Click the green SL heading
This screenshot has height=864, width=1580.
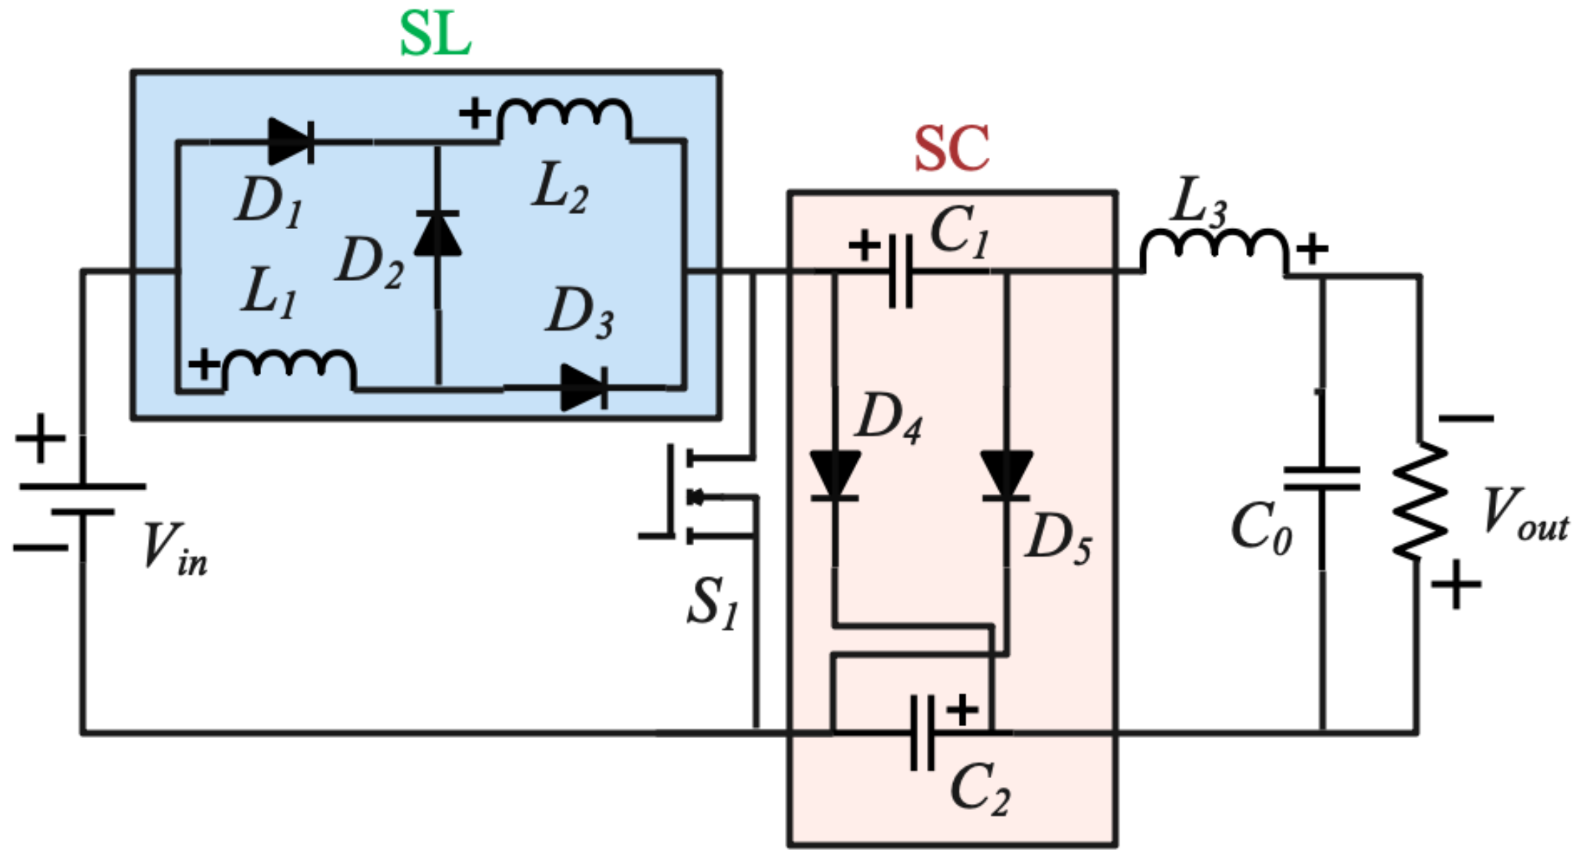coord(435,35)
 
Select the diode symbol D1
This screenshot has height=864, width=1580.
coord(291,141)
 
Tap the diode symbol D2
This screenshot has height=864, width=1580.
coord(437,234)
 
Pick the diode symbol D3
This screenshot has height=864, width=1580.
coord(584,388)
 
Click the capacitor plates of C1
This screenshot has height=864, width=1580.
coord(900,271)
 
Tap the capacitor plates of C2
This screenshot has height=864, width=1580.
coord(922,732)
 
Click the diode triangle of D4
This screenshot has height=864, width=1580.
coord(835,475)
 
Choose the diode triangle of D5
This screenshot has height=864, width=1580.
coord(1006,475)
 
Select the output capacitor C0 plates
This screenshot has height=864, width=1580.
coord(1322,478)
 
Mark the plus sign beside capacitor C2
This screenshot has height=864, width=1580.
coord(961,710)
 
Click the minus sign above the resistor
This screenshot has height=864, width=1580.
coord(1466,418)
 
